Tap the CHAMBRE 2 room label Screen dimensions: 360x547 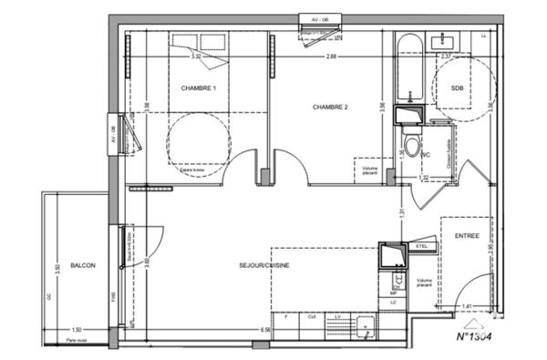click(x=331, y=107)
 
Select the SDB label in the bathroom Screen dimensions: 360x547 click(x=458, y=87)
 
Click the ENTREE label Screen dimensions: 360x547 click(x=467, y=236)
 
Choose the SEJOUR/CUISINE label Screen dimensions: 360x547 click(x=265, y=265)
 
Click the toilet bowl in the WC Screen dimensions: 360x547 click(x=412, y=148)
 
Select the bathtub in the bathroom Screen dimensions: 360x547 click(x=408, y=71)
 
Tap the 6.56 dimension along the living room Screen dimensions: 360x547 click(x=266, y=329)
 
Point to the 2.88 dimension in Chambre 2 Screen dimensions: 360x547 click(x=333, y=57)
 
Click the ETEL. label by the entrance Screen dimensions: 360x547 click(x=422, y=246)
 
